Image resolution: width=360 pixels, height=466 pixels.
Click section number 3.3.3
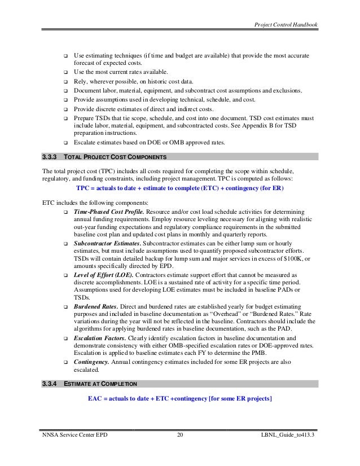point(52,156)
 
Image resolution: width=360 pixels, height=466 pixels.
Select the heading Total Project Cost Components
point(113,156)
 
